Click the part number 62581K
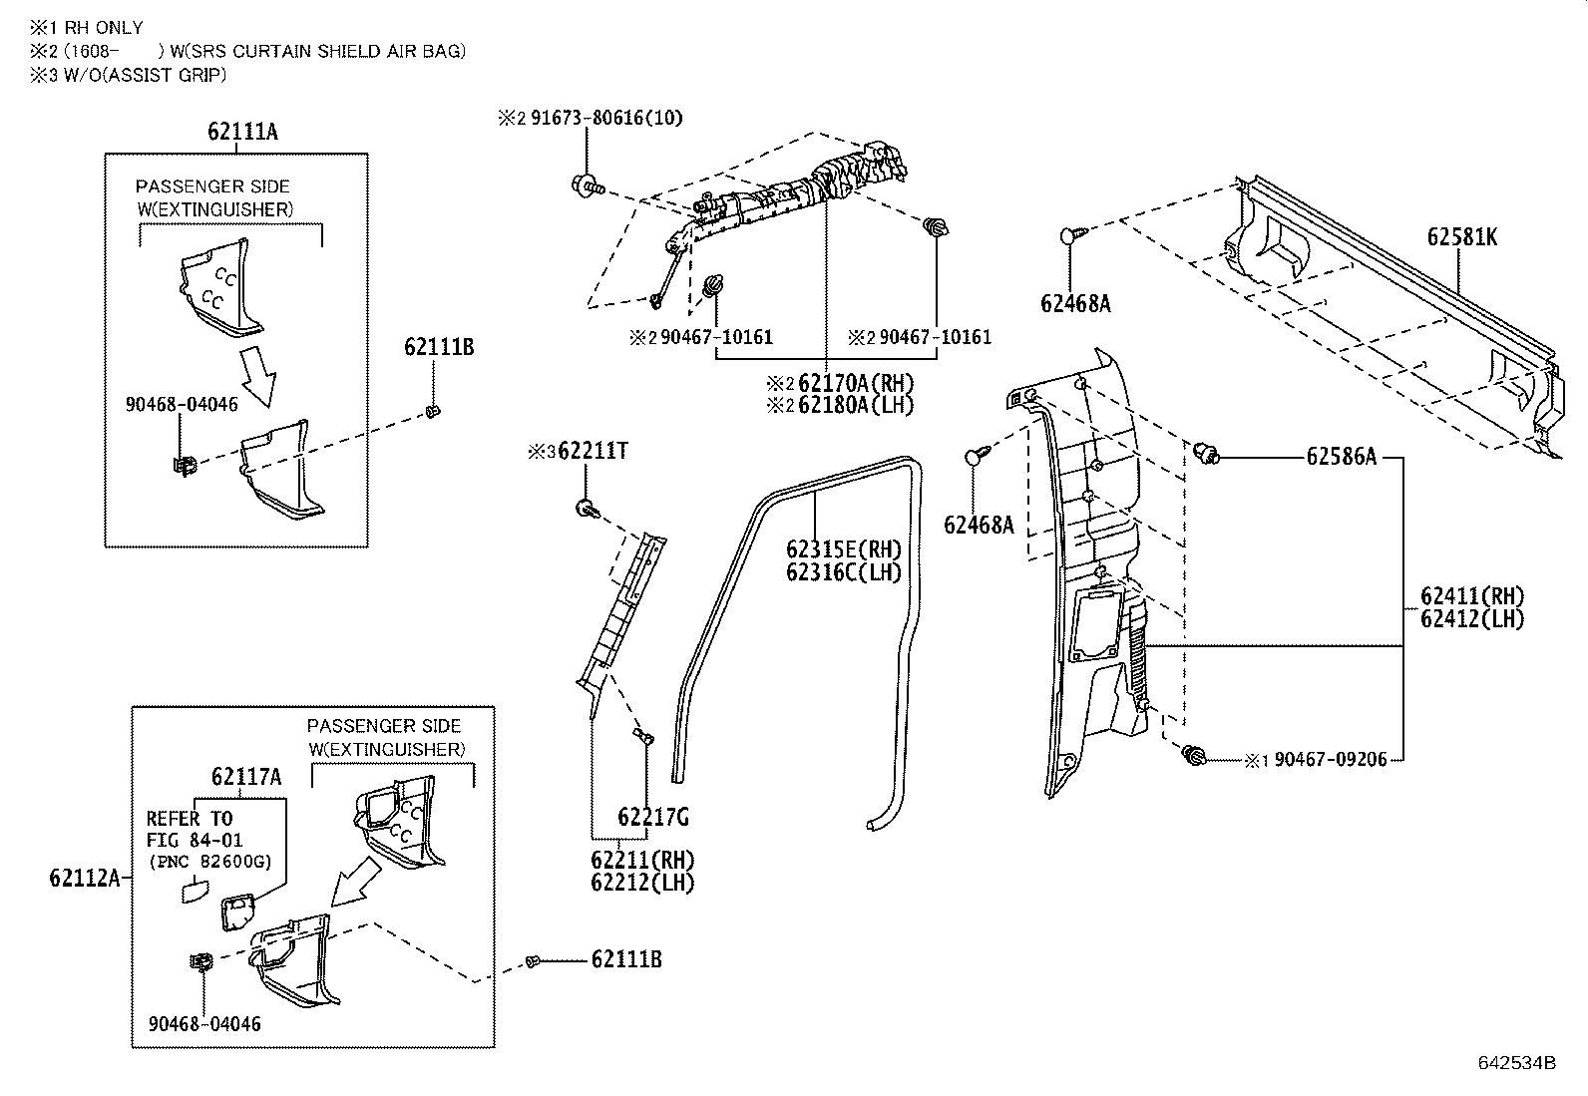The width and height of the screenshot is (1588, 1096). pyautogui.click(x=1461, y=237)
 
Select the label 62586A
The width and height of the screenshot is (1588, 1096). pyautogui.click(x=1341, y=457)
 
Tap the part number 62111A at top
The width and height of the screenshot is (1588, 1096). pyautogui.click(x=243, y=131)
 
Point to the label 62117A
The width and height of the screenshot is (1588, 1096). pyautogui.click(x=245, y=776)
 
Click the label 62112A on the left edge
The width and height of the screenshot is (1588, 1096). pyautogui.click(x=84, y=878)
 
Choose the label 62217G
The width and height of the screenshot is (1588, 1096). pyautogui.click(x=653, y=818)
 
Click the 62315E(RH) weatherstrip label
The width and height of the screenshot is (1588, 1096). pyautogui.click(x=844, y=549)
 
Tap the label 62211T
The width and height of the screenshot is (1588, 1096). pyautogui.click(x=593, y=452)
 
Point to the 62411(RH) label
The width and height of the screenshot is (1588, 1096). pyautogui.click(x=1472, y=596)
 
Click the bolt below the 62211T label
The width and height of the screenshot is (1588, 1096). pyautogui.click(x=587, y=510)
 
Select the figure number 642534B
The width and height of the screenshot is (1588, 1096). pyautogui.click(x=1516, y=1062)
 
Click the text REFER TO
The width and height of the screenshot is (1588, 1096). pyautogui.click(x=190, y=819)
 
